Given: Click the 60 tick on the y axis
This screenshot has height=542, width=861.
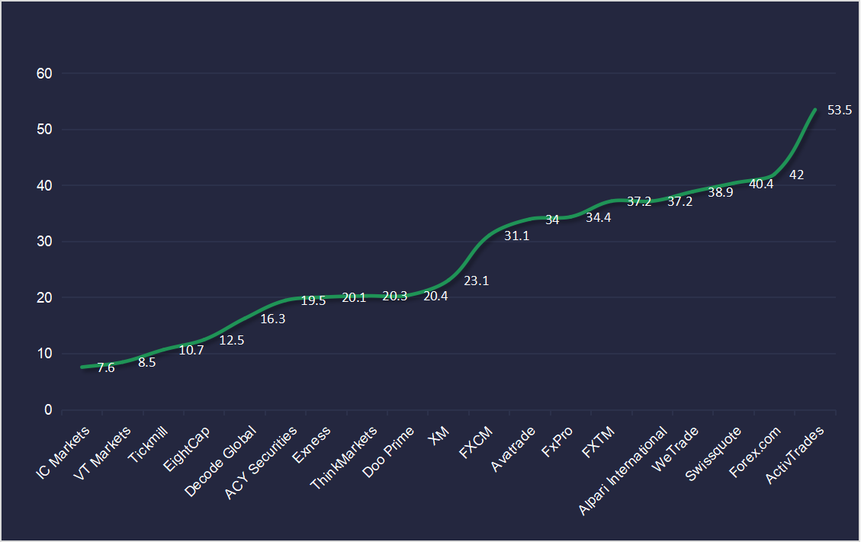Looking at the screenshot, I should [x=44, y=74].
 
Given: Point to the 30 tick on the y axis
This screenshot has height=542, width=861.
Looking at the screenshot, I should [x=44, y=242].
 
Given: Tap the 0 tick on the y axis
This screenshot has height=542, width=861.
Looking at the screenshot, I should [x=48, y=410].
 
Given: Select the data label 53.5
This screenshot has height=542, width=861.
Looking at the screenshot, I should [x=839, y=111].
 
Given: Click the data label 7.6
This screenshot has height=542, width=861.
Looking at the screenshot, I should [x=106, y=368].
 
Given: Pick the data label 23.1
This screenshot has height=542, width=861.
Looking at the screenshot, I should [x=476, y=281].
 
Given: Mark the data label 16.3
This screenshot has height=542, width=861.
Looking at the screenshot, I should [x=272, y=319].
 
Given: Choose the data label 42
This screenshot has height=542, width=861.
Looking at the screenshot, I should [x=796, y=175].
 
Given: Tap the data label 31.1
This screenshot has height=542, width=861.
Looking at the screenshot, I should [x=516, y=236].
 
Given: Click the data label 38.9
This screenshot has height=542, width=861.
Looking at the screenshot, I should [x=721, y=193].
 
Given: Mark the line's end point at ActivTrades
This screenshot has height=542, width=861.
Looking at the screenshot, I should [x=815, y=110].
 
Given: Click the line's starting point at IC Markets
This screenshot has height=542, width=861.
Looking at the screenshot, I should [x=81, y=367].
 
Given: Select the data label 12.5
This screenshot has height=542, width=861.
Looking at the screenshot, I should [x=231, y=341].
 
